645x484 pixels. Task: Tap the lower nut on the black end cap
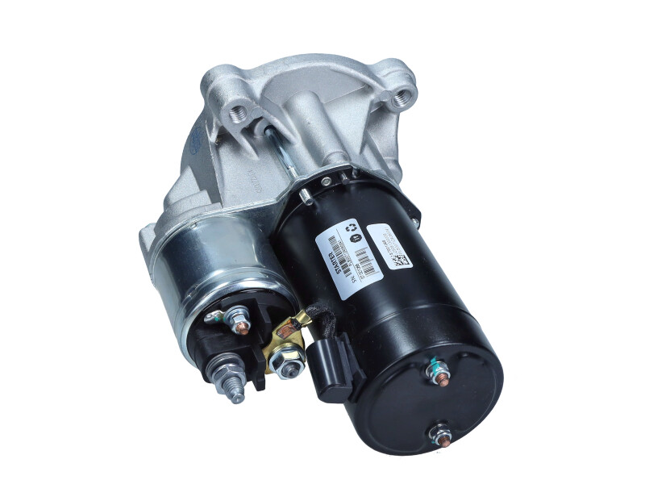tap(440, 436)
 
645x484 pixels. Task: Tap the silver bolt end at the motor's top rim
tap(305, 196)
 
